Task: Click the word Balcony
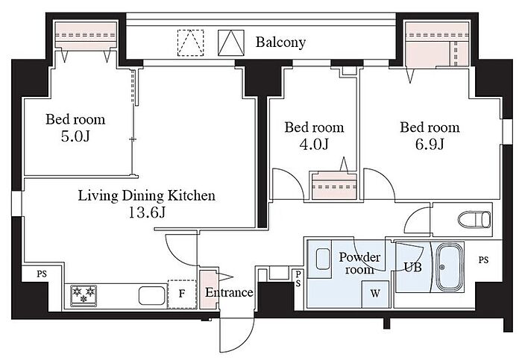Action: coord(280,42)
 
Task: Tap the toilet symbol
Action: coord(474,220)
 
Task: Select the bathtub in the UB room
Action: coord(450,267)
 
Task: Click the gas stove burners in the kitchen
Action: coord(84,295)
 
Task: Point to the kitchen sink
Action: coord(152,295)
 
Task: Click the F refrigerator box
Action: coord(182,294)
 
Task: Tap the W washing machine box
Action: coord(375,294)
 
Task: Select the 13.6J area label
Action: coord(147,212)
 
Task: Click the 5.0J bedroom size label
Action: coord(75,136)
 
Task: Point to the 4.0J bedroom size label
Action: coord(314,145)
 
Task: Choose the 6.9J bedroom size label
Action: coord(430,145)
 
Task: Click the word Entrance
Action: coord(229,292)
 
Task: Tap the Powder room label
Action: coord(359,263)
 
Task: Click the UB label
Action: coord(413,267)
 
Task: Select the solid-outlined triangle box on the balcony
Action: coord(231,43)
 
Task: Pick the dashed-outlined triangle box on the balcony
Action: coord(190,43)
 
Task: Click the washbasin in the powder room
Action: coord(323,259)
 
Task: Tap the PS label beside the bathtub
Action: coord(484,260)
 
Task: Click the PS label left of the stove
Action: coord(42,274)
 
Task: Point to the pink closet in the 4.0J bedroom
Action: coord(334,186)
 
